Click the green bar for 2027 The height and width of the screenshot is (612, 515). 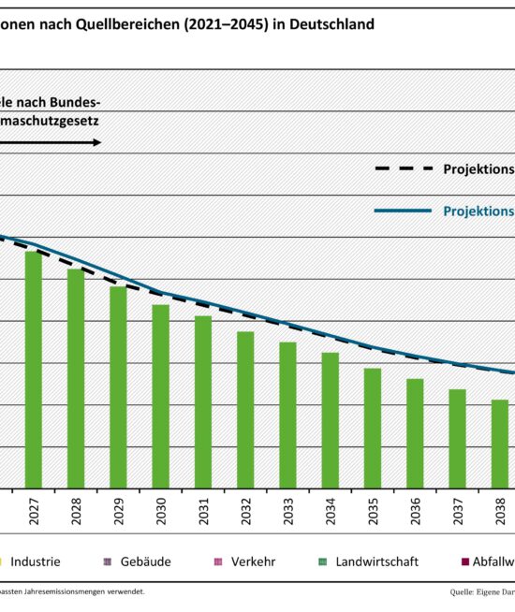(x=33, y=370)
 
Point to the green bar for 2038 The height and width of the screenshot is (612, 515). (x=500, y=444)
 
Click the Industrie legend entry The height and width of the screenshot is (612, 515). (x=35, y=561)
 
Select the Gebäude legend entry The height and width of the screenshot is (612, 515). (x=145, y=561)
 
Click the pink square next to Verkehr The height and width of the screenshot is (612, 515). (x=218, y=562)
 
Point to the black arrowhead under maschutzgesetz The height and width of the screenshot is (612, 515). (x=96, y=142)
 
